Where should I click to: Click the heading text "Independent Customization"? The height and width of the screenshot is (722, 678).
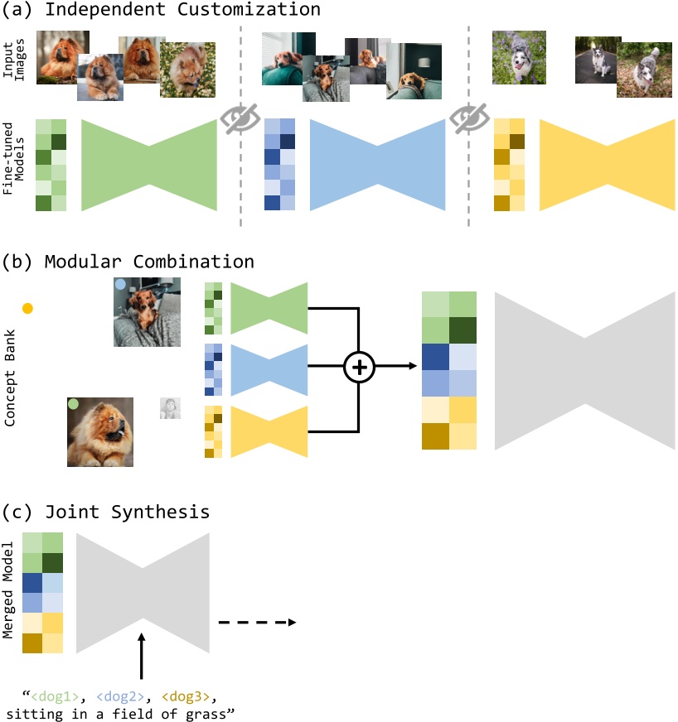(182, 9)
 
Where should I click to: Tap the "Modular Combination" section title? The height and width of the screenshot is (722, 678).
(149, 262)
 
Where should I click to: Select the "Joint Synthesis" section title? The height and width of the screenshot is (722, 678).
(127, 512)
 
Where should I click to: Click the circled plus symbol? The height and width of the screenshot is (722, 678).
(359, 367)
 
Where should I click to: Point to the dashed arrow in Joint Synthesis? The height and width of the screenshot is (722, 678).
(257, 623)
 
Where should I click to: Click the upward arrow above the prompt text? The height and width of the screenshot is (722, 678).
(142, 656)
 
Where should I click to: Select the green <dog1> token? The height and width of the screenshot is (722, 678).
(55, 696)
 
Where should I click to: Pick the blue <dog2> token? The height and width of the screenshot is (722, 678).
(120, 696)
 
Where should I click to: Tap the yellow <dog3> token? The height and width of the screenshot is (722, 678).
(186, 696)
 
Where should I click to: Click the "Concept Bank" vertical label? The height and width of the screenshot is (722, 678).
(10, 378)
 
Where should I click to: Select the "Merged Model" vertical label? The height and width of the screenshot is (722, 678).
(7, 590)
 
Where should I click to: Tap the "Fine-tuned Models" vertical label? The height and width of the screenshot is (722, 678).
(13, 158)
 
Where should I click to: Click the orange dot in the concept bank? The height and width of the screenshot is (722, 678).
(27, 309)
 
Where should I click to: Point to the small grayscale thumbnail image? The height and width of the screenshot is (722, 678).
(170, 408)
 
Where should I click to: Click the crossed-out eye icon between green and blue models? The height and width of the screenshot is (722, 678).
(240, 118)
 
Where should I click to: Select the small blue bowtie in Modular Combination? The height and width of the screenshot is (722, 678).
(269, 370)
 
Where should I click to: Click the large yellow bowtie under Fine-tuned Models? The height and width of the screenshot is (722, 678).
(608, 165)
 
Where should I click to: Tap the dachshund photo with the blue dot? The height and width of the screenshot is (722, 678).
(147, 311)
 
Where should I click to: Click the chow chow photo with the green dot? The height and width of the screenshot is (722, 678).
(100, 432)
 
